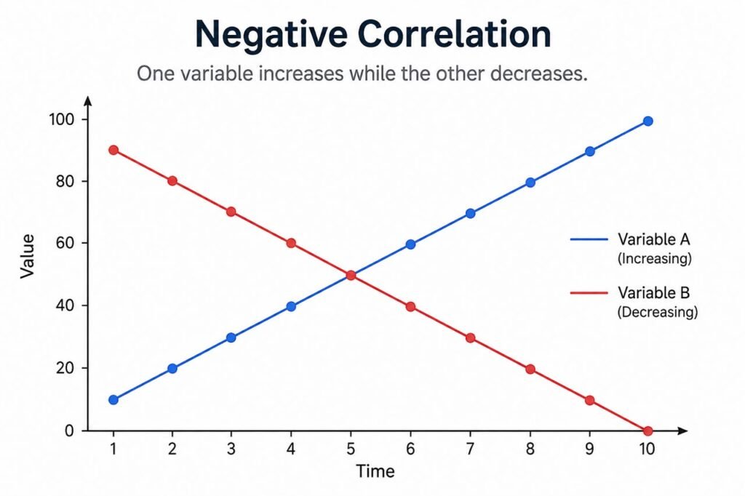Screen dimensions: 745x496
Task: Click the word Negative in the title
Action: point(271,35)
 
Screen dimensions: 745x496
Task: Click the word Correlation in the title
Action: point(455,34)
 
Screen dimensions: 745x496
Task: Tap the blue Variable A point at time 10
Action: point(648,121)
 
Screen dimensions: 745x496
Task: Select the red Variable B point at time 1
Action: point(113,150)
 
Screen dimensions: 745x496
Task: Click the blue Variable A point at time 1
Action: point(113,399)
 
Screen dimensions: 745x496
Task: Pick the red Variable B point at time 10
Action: point(648,431)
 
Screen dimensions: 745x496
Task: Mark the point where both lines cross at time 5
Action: point(351,275)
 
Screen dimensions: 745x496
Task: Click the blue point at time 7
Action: point(471,213)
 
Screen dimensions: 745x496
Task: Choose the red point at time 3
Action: point(231,212)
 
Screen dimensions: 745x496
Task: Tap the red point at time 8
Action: point(530,369)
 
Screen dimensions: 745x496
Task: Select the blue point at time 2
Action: point(172,368)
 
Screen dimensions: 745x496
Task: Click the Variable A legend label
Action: point(654,239)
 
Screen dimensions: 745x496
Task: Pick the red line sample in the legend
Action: point(589,292)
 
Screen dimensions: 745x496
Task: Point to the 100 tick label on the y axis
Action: point(62,119)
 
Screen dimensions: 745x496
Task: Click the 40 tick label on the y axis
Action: point(65,305)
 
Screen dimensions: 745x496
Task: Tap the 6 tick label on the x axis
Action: point(410,449)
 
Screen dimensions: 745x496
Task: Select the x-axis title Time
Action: point(375,471)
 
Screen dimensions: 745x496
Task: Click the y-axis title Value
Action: point(28,256)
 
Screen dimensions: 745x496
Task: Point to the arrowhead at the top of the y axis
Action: point(87,100)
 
